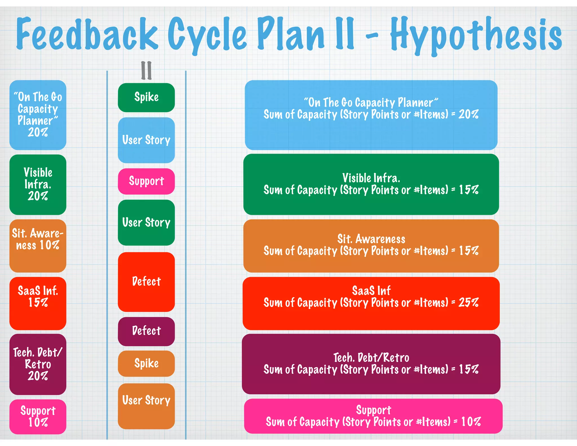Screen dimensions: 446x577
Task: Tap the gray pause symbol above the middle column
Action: click(146, 70)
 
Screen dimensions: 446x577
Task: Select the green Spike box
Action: click(146, 98)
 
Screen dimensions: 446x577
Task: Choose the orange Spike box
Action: click(146, 363)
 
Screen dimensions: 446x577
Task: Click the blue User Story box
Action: click(146, 140)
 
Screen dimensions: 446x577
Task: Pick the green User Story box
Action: click(146, 222)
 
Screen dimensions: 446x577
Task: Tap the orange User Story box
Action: click(146, 406)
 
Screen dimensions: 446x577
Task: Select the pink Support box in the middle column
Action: click(146, 181)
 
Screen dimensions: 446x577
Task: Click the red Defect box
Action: click(146, 282)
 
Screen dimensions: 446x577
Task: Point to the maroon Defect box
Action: click(146, 331)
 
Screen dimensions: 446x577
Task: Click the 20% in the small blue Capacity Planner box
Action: click(38, 132)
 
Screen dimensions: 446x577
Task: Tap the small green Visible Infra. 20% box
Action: click(38, 184)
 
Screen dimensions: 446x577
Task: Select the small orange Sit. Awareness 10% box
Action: click(38, 246)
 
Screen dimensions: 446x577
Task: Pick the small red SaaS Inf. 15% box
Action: click(38, 303)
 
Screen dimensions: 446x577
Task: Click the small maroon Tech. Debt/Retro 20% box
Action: click(38, 364)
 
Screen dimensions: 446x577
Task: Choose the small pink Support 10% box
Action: click(38, 416)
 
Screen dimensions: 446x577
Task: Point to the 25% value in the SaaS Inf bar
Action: click(468, 303)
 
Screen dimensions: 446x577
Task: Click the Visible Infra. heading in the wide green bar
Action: click(371, 178)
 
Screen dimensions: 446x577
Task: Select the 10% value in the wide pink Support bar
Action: click(471, 422)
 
